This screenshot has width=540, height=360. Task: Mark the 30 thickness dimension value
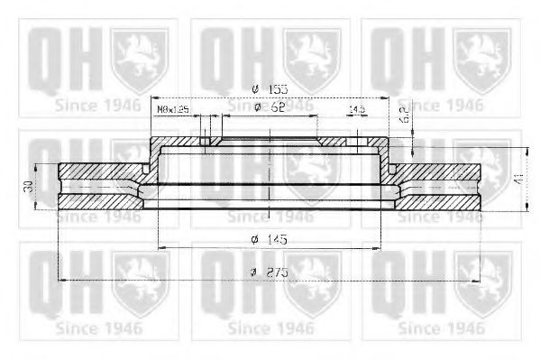29,186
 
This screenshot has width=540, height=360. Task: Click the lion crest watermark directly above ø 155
312,53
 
